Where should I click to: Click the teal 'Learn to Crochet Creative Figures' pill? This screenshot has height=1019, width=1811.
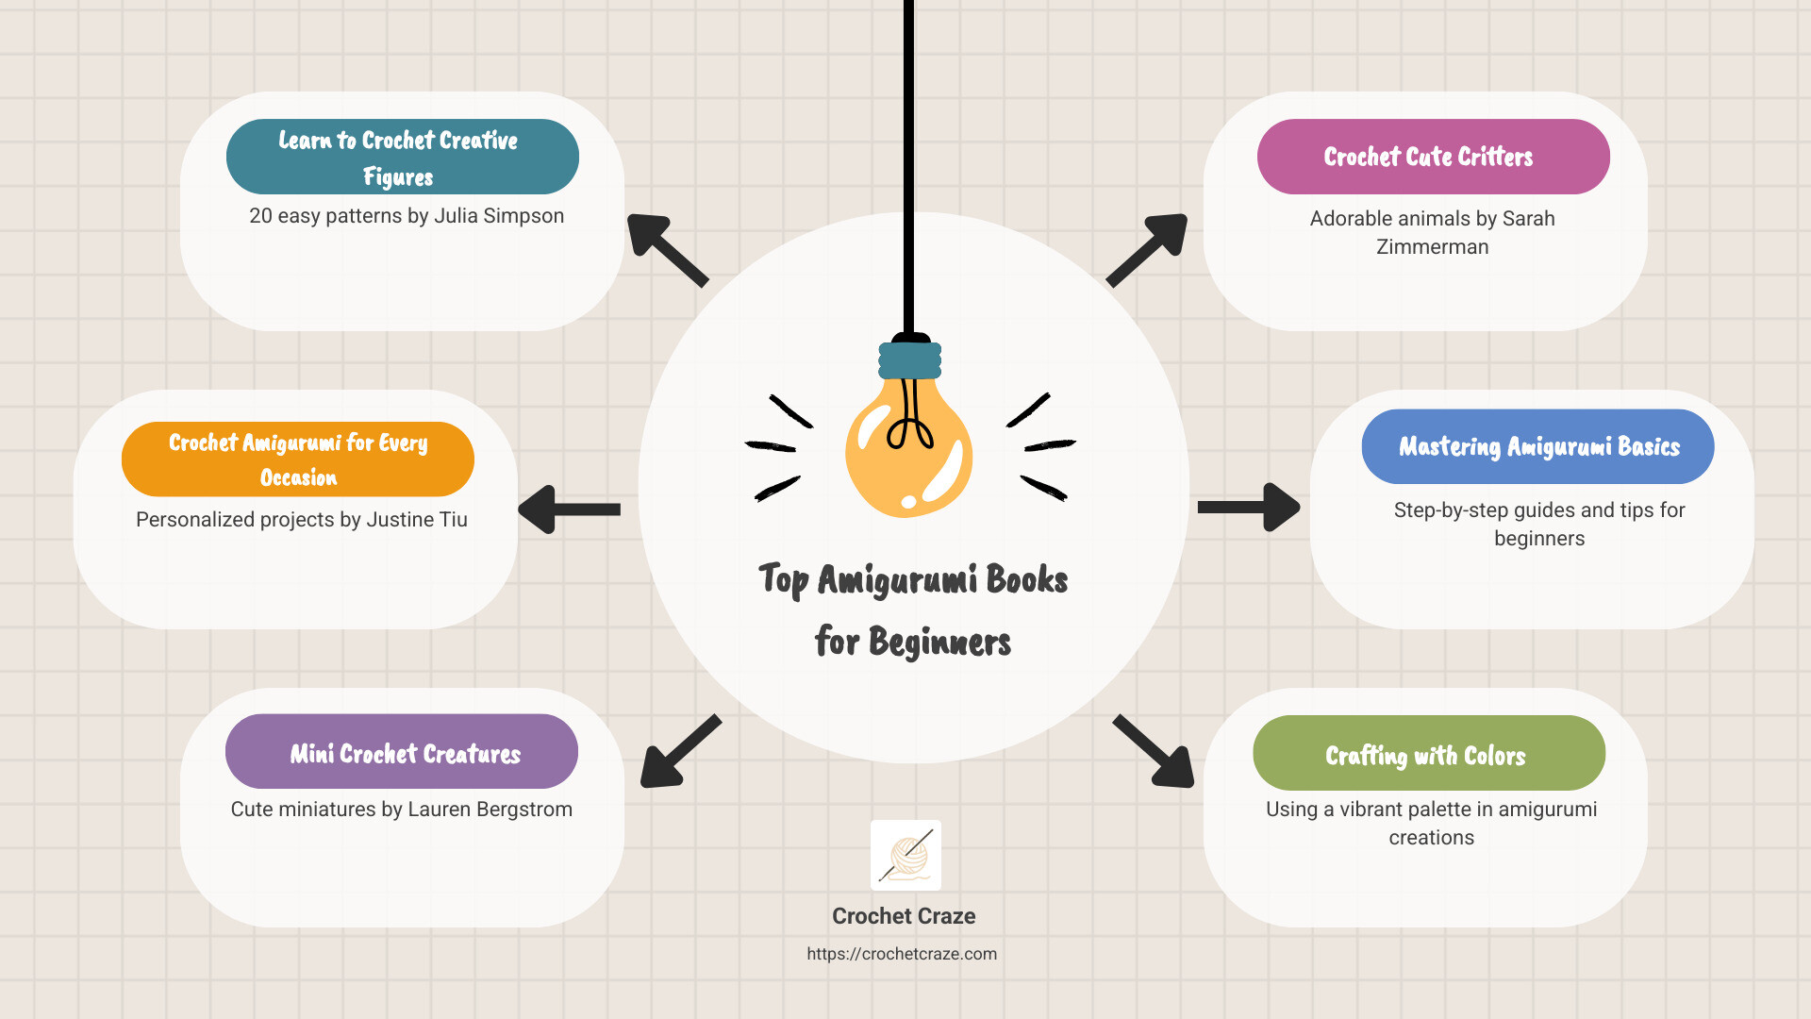[403, 157]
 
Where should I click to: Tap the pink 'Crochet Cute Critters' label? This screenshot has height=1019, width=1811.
[1433, 157]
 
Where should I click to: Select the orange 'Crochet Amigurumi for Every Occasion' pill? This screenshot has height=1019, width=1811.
[298, 459]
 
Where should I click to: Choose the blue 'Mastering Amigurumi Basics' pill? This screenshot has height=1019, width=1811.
[1537, 446]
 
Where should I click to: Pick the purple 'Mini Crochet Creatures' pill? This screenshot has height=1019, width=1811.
[402, 751]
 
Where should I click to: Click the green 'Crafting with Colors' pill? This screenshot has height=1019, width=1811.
[1429, 753]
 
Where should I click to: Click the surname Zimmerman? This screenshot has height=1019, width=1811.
[1432, 247]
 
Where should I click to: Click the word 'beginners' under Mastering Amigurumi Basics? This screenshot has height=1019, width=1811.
[1539, 539]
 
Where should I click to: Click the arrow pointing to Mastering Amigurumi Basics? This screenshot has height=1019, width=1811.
[1249, 508]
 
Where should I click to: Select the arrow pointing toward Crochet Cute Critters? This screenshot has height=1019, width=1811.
[1146, 250]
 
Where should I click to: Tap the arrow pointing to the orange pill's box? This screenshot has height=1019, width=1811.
[570, 509]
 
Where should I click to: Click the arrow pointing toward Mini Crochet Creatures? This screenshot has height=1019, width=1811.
[680, 751]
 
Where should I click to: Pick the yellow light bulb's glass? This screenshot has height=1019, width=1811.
[908, 448]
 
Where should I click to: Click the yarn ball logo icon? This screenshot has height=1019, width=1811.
[905, 855]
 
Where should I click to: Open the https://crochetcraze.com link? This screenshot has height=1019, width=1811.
[902, 954]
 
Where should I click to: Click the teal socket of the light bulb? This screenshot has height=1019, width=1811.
[910, 360]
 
